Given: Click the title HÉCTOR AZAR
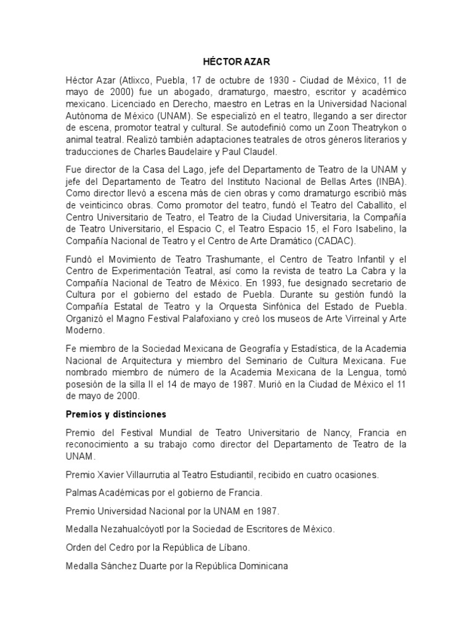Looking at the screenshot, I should (x=236, y=62).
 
